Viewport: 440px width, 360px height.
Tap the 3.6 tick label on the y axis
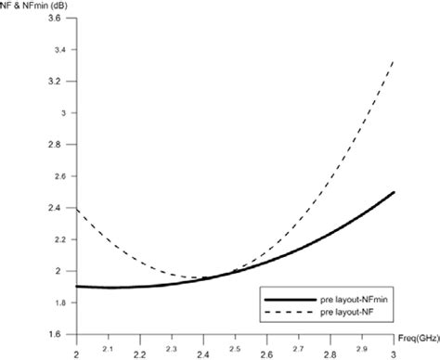[57, 19]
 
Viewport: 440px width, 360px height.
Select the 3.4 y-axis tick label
[57, 50]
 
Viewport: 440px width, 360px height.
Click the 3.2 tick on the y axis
[57, 82]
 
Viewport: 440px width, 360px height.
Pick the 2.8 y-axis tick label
[57, 145]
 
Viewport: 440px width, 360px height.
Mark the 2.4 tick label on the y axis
[57, 208]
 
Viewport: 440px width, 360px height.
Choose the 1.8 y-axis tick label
[57, 302]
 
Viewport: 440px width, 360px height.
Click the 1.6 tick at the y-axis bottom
[57, 334]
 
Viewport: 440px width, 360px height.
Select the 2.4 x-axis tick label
[204, 354]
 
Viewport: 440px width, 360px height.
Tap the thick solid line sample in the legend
[284, 299]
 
